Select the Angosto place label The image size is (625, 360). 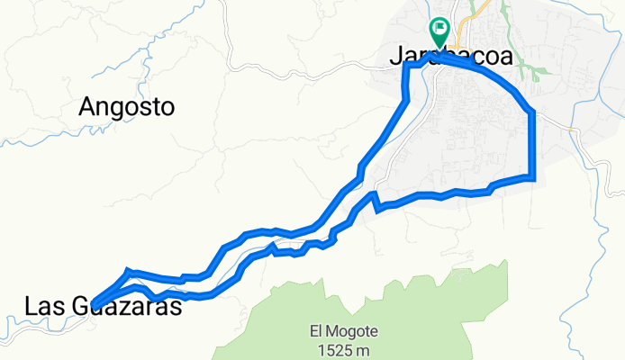[x=126, y=106]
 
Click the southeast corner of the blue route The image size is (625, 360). [x=533, y=177]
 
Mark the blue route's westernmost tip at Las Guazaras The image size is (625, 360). [x=95, y=303]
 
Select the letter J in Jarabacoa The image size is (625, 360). [x=396, y=55]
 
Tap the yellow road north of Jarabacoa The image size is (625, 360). [x=480, y=13]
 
